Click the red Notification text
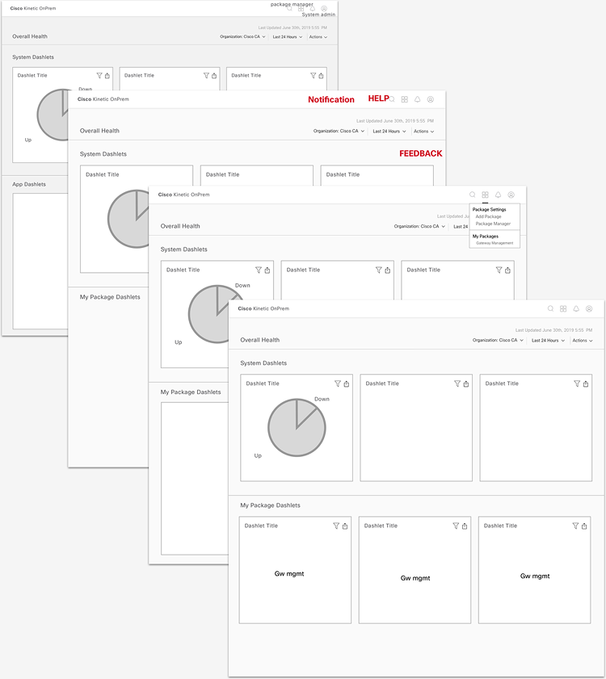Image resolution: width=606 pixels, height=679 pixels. pyautogui.click(x=330, y=100)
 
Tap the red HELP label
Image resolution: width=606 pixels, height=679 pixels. pyautogui.click(x=378, y=98)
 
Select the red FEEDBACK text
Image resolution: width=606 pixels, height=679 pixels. pyautogui.click(x=420, y=153)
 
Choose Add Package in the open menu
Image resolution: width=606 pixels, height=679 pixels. pyautogui.click(x=488, y=216)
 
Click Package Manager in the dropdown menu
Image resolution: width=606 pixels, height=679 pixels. pyautogui.click(x=493, y=224)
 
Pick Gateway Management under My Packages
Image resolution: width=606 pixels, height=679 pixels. pyautogui.click(x=494, y=243)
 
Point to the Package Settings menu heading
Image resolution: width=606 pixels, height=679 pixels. pyautogui.click(x=489, y=209)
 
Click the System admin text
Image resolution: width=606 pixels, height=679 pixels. pyautogui.click(x=318, y=15)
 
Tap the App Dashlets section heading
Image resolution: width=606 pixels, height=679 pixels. pyautogui.click(x=29, y=184)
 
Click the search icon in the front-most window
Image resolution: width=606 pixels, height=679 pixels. pyautogui.click(x=550, y=308)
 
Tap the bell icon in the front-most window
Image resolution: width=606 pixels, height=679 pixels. pyautogui.click(x=576, y=308)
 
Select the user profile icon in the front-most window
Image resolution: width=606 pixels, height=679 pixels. pyautogui.click(x=589, y=308)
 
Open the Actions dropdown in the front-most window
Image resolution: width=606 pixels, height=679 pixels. pyautogui.click(x=582, y=341)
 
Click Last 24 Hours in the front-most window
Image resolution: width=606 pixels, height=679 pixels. pyautogui.click(x=548, y=341)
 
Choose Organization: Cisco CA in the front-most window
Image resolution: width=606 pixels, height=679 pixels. pyautogui.click(x=497, y=341)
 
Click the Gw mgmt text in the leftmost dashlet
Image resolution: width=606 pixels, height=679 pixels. pyautogui.click(x=288, y=574)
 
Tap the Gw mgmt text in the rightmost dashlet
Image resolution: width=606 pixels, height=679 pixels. pyautogui.click(x=534, y=576)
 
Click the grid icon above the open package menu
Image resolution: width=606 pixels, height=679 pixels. pyautogui.click(x=485, y=195)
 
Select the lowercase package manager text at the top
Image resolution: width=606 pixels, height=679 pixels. pyautogui.click(x=292, y=4)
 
